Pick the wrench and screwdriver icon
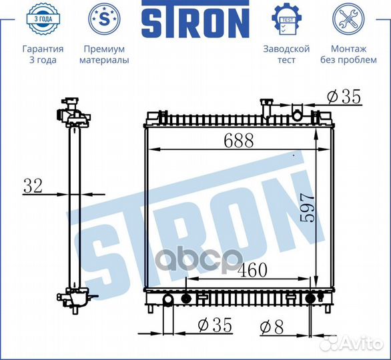tap(348, 19)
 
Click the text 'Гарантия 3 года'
tap(43, 55)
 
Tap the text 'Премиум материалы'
tap(103, 55)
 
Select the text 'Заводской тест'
tap(286, 55)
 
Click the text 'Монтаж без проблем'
tap(348, 55)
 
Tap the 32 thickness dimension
tap(33, 186)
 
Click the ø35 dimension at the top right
tap(344, 97)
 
